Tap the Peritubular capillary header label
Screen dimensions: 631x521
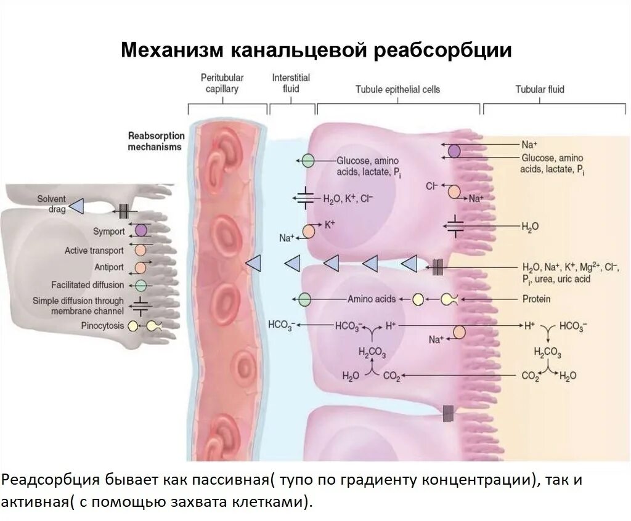pos(222,83)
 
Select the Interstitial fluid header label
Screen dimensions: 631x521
pos(291,83)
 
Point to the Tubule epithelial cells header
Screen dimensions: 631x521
pos(397,89)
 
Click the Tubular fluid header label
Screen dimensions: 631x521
pos(540,89)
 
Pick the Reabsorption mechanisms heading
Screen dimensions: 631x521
pos(154,141)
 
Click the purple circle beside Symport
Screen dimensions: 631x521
pos(141,231)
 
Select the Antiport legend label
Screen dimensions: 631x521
pos(108,268)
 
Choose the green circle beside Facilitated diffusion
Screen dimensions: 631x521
pos(140,285)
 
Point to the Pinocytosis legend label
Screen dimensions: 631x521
pos(102,326)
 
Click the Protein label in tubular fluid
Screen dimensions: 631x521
pos(536,299)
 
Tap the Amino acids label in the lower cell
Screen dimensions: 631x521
pos(372,299)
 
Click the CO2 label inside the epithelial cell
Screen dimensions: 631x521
pos(391,375)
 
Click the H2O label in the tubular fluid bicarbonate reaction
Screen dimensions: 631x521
pos(568,376)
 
